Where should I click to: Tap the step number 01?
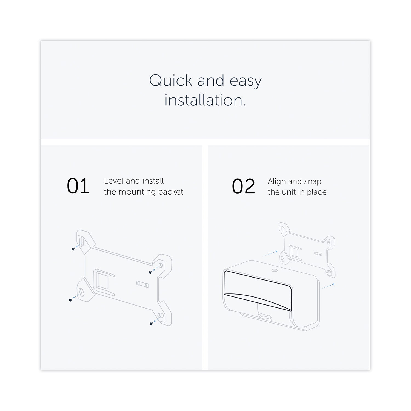pyautogui.click(x=78, y=186)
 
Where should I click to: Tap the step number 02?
pyautogui.click(x=244, y=187)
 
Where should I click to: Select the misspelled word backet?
pyautogui.click(x=171, y=192)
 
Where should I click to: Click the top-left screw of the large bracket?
pyautogui.click(x=73, y=249)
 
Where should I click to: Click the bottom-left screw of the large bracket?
pyautogui.click(x=70, y=300)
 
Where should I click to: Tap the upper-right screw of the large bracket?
pyautogui.click(x=150, y=272)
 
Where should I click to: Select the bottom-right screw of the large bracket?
pyautogui.click(x=151, y=324)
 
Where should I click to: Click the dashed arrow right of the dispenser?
pyautogui.click(x=327, y=286)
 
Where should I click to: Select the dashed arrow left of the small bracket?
pyautogui.click(x=270, y=253)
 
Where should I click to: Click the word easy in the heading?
pyautogui.click(x=246, y=81)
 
